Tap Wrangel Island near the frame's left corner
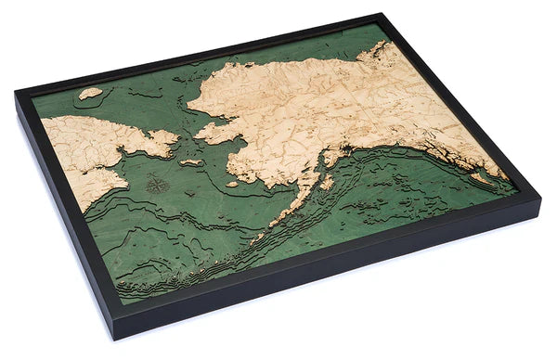pos(90,93)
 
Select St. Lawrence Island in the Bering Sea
pos(191,163)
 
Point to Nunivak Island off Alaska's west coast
pos(232,184)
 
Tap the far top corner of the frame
pos(382,15)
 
